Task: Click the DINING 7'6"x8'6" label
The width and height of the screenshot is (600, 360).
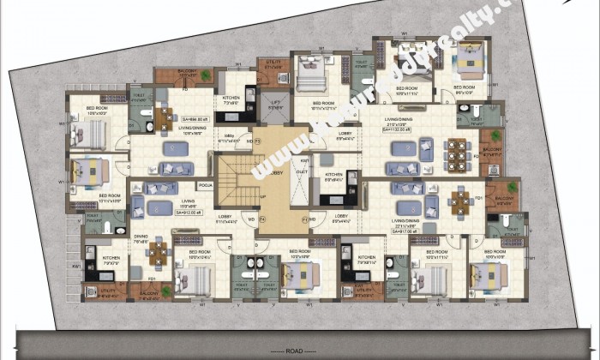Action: [141, 239]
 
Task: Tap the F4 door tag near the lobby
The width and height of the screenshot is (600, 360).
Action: [263, 219]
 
